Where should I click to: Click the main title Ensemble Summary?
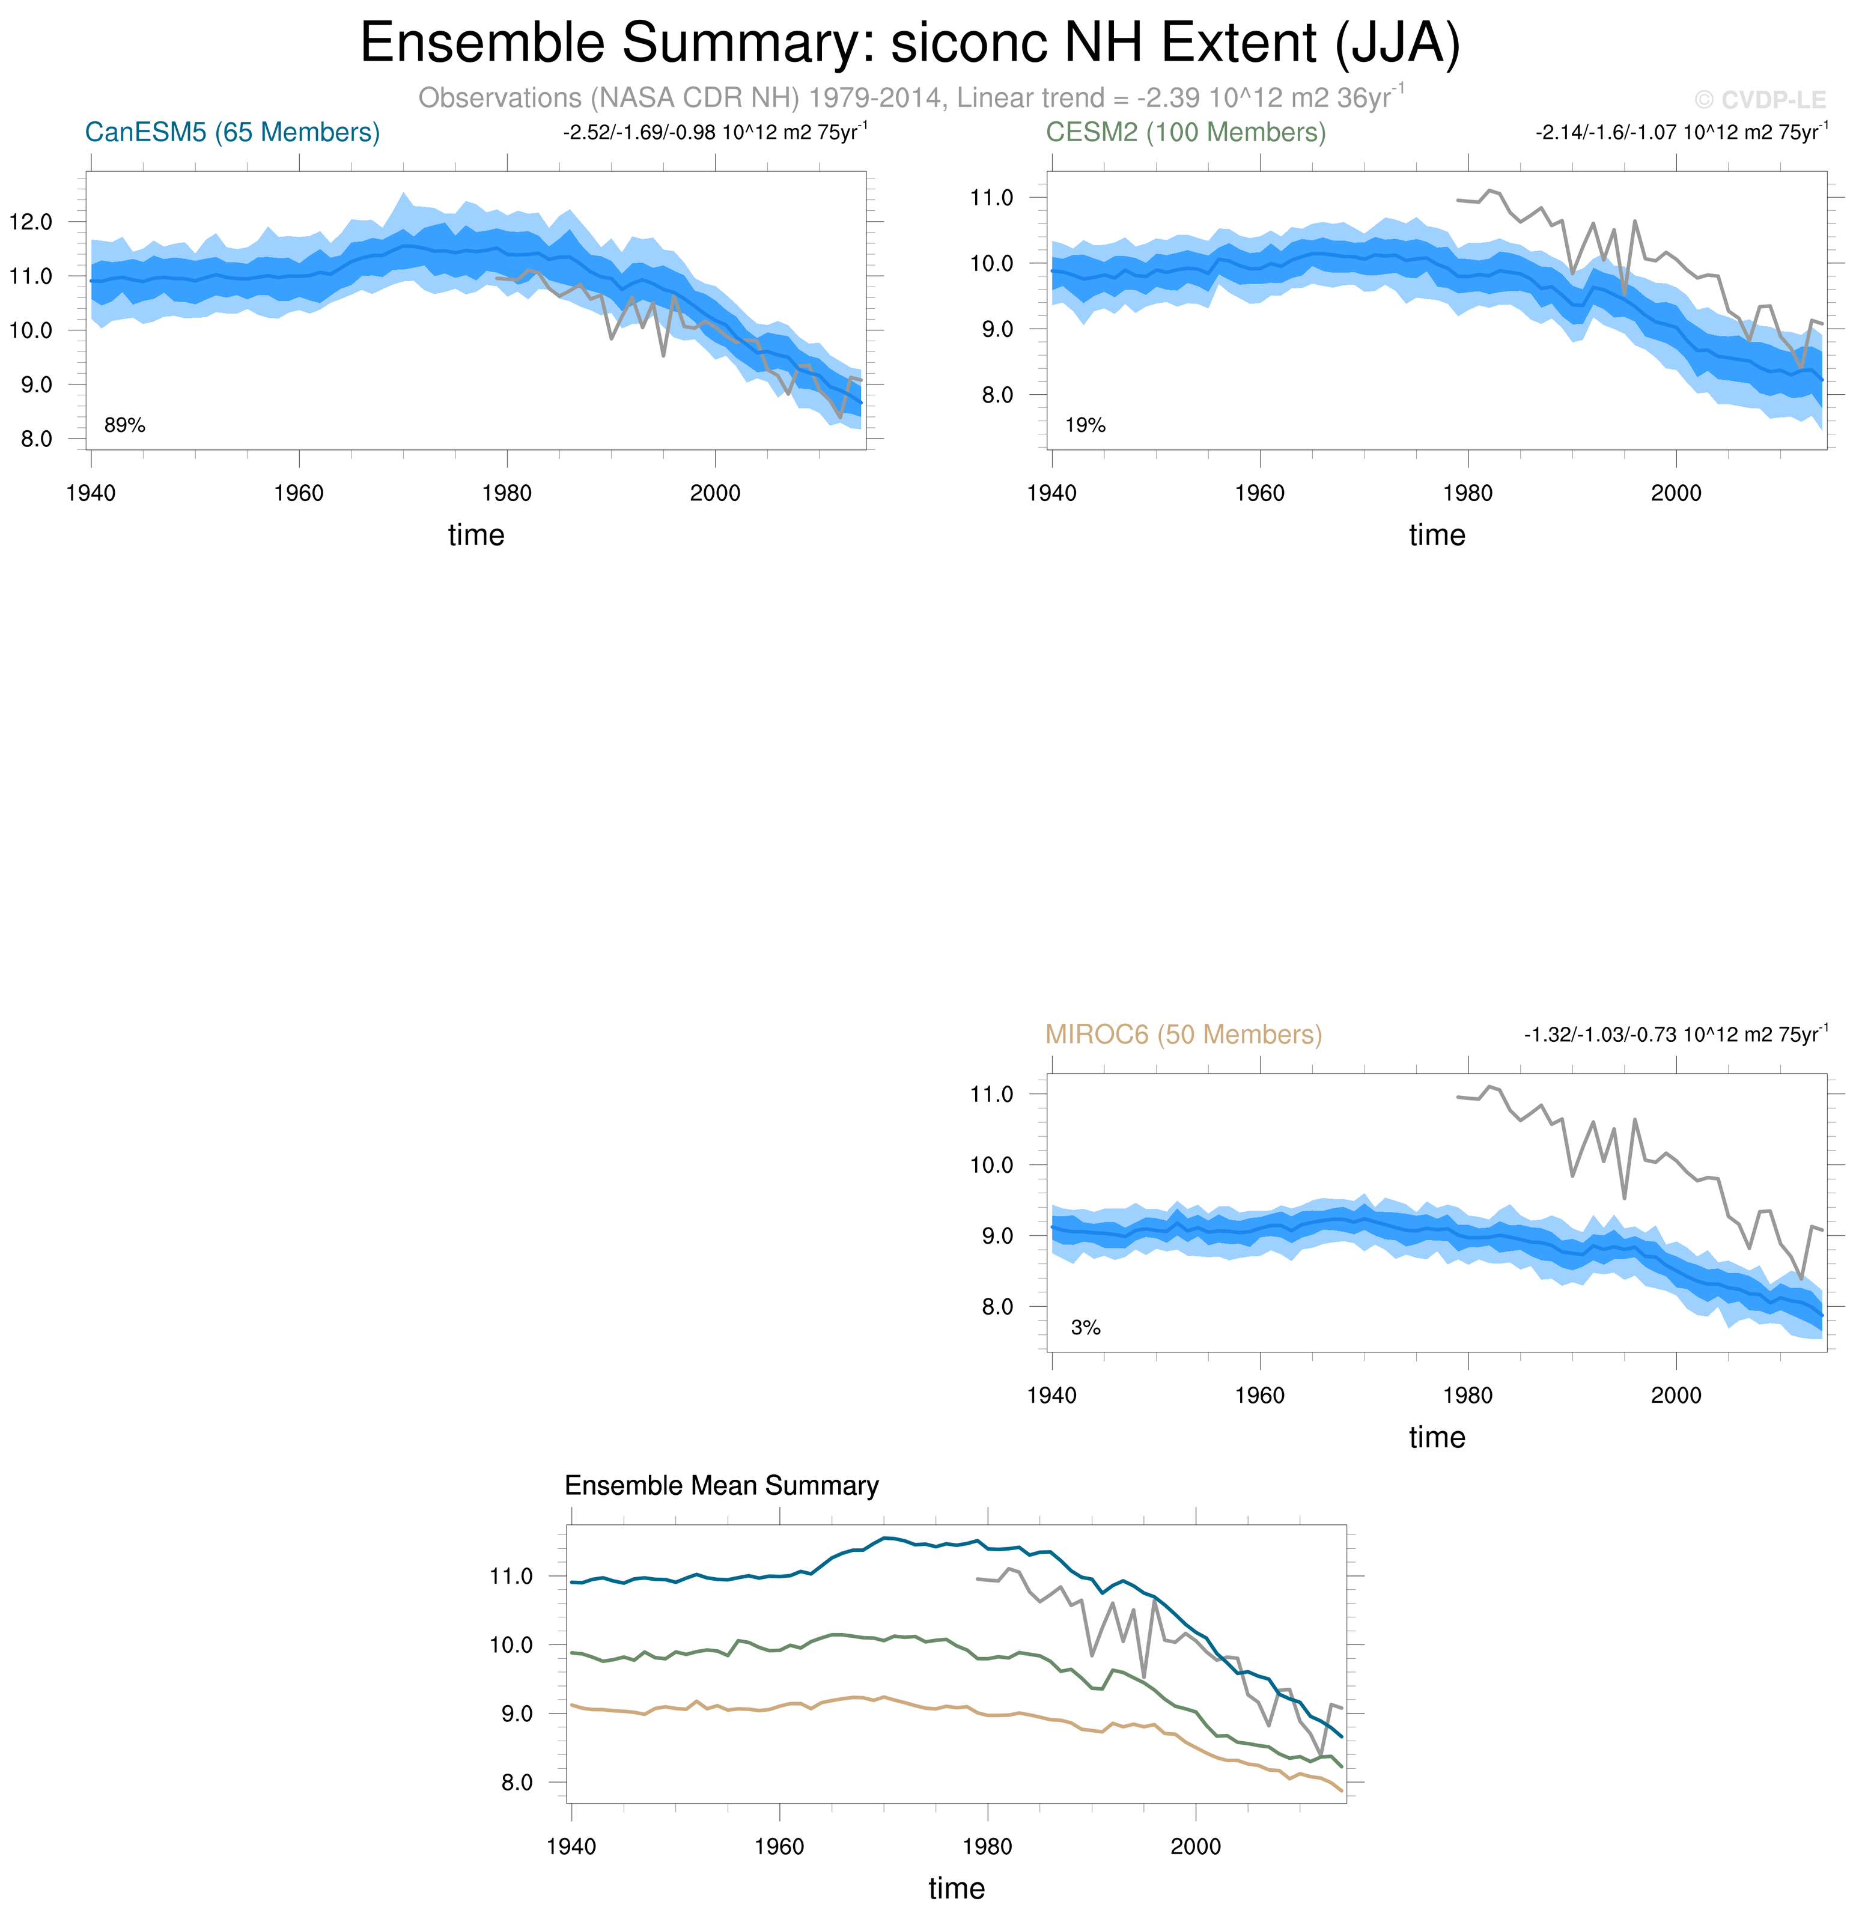pos(910,43)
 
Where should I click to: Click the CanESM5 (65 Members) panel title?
pos(232,132)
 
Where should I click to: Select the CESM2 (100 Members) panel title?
pos(1185,132)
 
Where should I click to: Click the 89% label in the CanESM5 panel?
pos(124,425)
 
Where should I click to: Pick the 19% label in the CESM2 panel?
pos(1085,425)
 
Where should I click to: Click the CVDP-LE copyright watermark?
pos(1760,100)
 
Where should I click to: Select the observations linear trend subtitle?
pos(910,98)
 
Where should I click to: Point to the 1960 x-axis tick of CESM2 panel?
pos(1259,493)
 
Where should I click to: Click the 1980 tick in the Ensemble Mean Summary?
pos(987,1846)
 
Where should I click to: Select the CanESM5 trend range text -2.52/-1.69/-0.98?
pos(714,132)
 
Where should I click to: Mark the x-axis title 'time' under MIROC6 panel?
pos(1436,1437)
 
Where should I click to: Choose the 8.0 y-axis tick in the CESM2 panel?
pos(991,395)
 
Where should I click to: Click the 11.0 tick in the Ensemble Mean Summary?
pos(511,1577)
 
